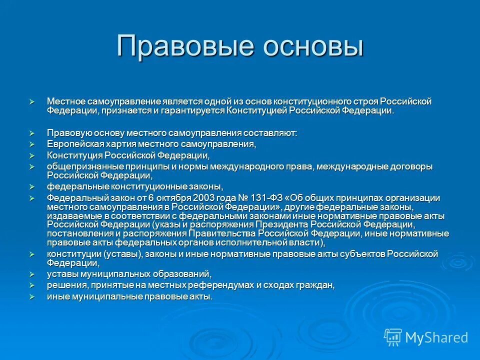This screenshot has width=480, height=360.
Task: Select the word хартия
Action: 116,144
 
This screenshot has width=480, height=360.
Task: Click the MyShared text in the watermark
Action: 436,337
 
